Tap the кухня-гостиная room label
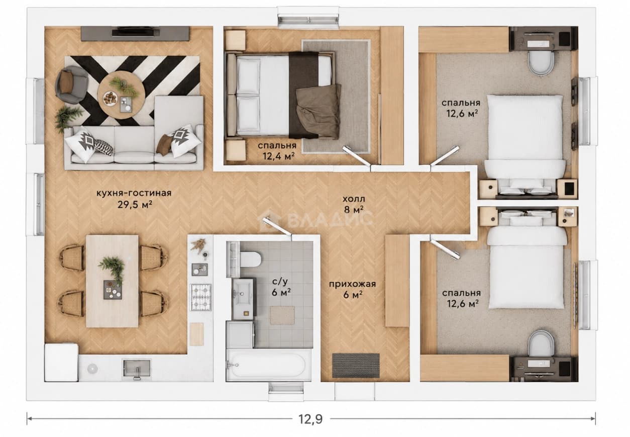[134, 193]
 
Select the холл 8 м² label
[354, 204]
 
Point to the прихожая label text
[352, 284]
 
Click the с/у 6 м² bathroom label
[281, 288]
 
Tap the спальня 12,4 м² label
[277, 151]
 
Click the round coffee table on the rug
[121, 95]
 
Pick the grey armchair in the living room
[71, 84]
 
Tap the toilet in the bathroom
[251, 259]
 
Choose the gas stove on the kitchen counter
[201, 297]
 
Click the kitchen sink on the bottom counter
[137, 368]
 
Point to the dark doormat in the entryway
[356, 366]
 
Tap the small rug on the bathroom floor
[282, 316]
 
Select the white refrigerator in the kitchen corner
[61, 362]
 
